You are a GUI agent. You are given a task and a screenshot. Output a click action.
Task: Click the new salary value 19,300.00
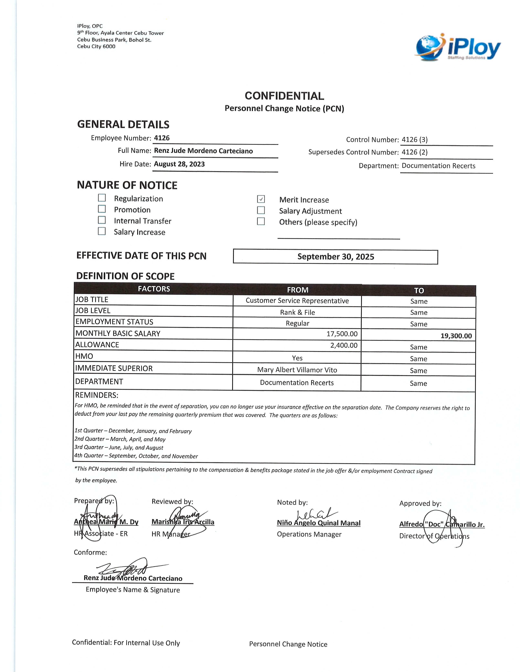tap(456, 336)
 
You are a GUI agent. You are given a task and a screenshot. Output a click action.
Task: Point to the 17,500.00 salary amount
tap(342, 334)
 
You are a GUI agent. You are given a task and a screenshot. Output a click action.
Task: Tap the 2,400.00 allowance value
tap(344, 345)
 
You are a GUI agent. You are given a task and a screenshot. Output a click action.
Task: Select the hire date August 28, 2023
tap(179, 164)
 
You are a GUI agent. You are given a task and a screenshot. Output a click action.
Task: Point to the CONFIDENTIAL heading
tap(284, 96)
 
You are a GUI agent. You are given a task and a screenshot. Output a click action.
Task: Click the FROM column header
tap(297, 290)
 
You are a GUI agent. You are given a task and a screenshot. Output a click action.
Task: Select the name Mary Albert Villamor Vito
tap(297, 370)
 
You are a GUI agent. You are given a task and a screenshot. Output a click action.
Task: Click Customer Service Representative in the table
tap(297, 301)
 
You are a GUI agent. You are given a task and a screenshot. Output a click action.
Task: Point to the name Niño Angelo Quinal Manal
tap(319, 523)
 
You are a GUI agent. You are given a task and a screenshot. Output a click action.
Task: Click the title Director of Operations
tap(434, 536)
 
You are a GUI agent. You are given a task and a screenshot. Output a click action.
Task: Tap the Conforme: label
tap(90, 552)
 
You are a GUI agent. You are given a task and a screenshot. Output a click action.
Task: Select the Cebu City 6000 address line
tap(96, 46)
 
